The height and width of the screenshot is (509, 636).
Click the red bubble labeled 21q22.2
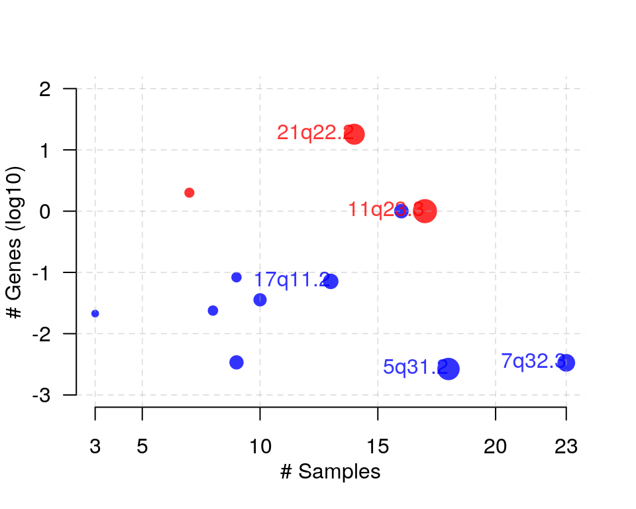click(354, 134)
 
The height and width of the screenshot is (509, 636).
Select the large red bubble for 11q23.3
click(425, 211)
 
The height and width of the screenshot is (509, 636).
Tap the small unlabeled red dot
click(189, 193)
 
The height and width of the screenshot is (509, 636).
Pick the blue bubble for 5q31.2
click(449, 368)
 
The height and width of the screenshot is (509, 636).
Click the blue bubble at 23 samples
click(566, 363)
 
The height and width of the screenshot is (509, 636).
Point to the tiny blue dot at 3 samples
click(95, 313)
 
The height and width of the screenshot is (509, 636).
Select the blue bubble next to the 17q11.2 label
click(331, 281)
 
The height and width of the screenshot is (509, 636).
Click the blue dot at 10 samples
click(260, 300)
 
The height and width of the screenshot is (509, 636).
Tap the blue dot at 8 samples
click(213, 311)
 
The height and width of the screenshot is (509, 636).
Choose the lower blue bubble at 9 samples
click(237, 362)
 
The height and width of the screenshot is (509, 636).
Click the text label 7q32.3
click(532, 361)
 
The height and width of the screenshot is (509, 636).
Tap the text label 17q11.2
click(291, 280)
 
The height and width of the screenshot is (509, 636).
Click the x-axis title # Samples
click(330, 472)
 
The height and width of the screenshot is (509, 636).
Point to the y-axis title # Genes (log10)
click(15, 242)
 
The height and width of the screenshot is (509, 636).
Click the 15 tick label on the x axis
click(378, 447)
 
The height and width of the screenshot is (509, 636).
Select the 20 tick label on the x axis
click(496, 447)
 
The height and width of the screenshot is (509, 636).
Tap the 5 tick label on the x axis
click(142, 447)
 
